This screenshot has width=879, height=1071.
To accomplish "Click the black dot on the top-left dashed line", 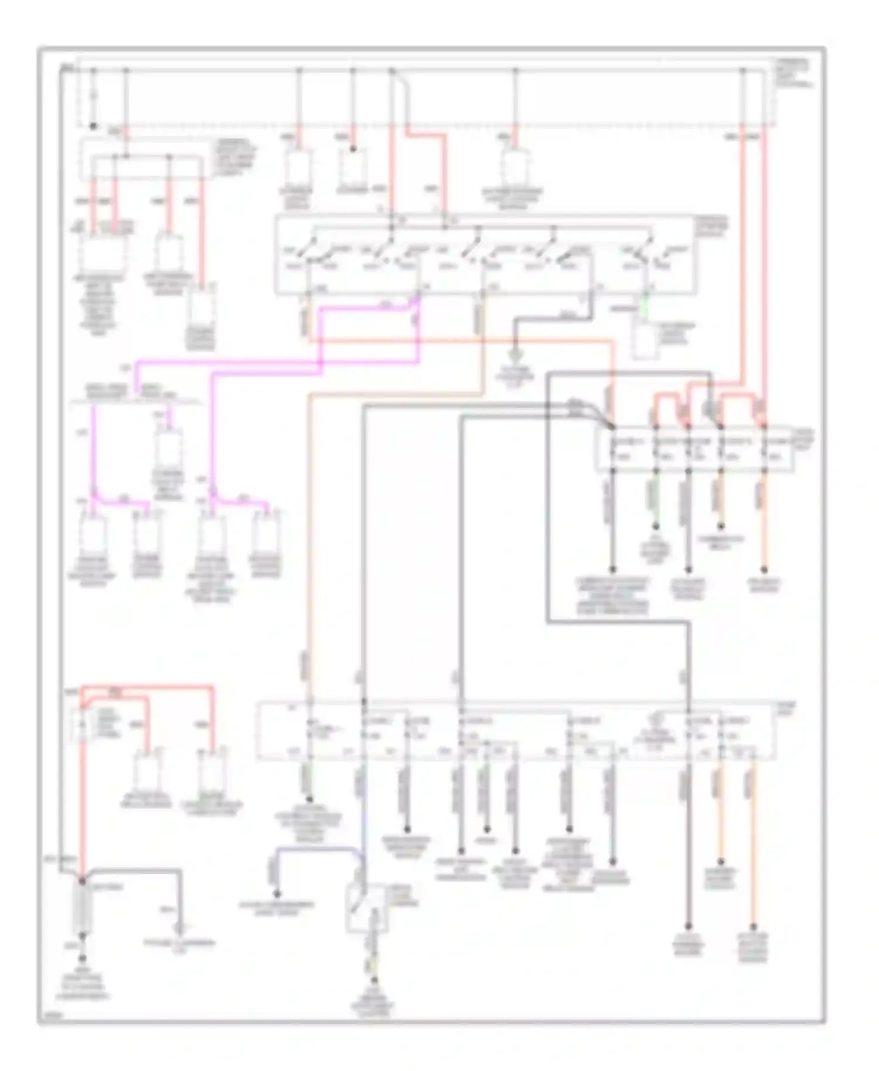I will (x=92, y=125).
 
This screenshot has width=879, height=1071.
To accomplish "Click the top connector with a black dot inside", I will (x=353, y=163).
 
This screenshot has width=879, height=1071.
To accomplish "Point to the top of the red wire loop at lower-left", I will (x=146, y=686).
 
